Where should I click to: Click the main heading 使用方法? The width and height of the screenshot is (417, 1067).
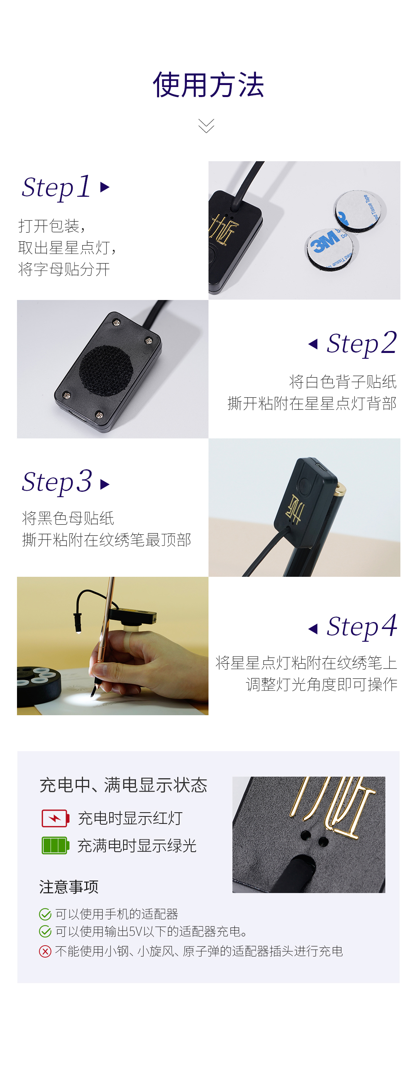(x=208, y=85)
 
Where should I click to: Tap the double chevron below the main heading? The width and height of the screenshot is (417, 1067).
(x=206, y=126)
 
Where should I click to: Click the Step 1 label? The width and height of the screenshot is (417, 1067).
(x=56, y=187)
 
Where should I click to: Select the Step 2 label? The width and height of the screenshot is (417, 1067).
(x=361, y=343)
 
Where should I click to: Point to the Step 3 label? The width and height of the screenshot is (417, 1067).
(x=57, y=482)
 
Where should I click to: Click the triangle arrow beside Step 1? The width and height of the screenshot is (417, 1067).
(x=105, y=187)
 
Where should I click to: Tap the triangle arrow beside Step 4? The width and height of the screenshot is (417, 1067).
(x=313, y=629)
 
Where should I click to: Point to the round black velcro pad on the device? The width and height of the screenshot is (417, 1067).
(x=105, y=370)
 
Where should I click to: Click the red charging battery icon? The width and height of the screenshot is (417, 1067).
(x=55, y=818)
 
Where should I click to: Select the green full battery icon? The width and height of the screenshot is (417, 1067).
(x=55, y=845)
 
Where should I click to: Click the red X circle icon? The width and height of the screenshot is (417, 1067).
(x=45, y=951)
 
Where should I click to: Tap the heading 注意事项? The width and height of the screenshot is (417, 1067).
(x=69, y=887)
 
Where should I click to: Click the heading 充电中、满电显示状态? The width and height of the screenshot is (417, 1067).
(x=123, y=785)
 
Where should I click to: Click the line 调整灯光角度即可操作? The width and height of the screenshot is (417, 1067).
(x=321, y=684)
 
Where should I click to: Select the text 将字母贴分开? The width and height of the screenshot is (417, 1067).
(x=64, y=269)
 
